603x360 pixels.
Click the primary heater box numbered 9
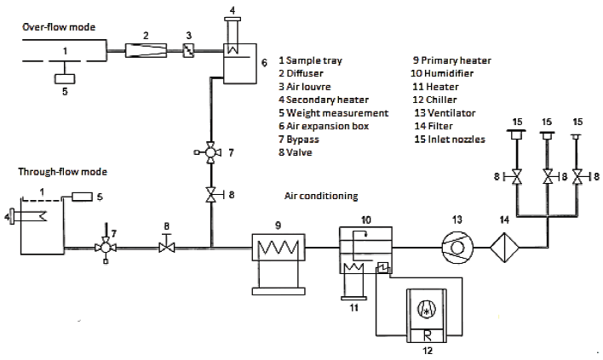(x=276, y=249)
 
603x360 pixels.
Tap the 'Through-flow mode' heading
(x=60, y=172)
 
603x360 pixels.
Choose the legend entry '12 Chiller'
(x=437, y=100)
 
